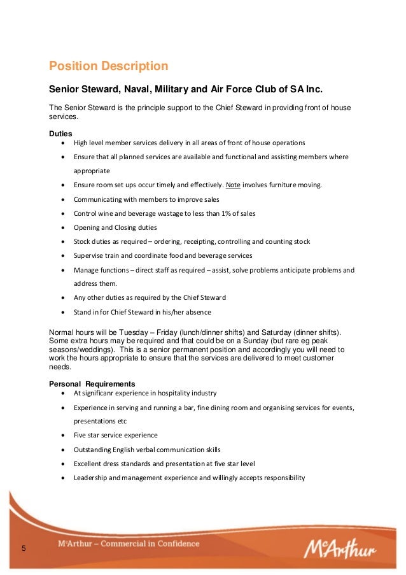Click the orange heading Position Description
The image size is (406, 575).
point(109,66)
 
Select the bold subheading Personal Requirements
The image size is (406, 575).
point(92,384)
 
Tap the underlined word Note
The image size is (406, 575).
point(234,185)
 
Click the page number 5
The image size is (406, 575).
point(24,549)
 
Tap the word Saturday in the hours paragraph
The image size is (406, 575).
point(271,333)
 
